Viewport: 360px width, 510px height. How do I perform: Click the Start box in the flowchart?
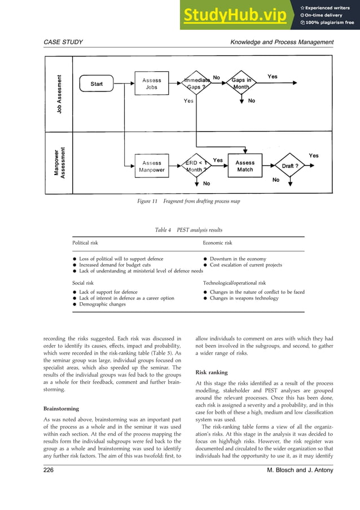tap(96, 84)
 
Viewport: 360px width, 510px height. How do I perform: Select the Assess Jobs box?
tap(152, 84)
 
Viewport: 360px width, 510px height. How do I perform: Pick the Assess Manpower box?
tap(152, 166)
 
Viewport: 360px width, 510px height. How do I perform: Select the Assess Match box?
tap(245, 166)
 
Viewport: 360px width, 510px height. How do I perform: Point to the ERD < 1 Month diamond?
tap(195, 166)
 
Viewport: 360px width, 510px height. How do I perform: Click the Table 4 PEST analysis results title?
tap(188, 230)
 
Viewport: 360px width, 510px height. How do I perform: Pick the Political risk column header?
tap(85, 243)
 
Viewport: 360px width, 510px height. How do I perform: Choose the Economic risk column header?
tap(217, 243)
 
